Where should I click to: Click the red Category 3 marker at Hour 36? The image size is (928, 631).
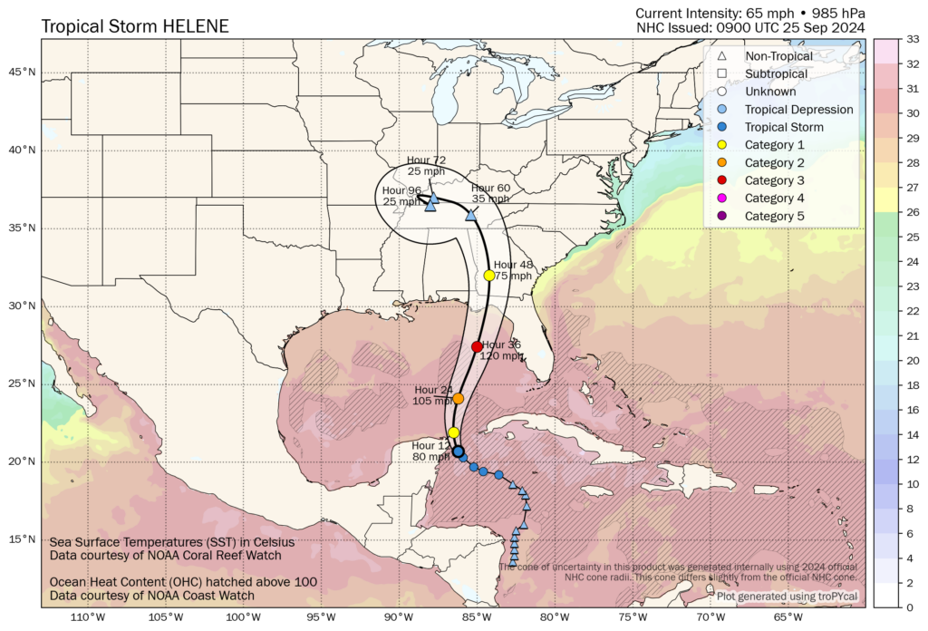tap(478, 346)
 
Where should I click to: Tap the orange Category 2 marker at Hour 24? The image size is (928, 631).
tap(459, 398)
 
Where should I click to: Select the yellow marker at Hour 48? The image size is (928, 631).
tap(489, 275)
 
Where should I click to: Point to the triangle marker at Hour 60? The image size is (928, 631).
tap(470, 215)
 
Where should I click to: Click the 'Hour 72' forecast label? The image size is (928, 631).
tap(426, 160)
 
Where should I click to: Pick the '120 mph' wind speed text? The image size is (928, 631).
tap(501, 356)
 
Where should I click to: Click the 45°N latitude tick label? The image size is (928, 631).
tap(23, 72)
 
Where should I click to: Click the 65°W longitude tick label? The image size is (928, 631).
tap(788, 618)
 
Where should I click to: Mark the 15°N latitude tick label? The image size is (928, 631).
tap(23, 539)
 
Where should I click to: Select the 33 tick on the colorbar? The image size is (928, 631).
tap(913, 39)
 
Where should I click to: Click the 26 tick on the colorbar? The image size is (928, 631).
tap(913, 212)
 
